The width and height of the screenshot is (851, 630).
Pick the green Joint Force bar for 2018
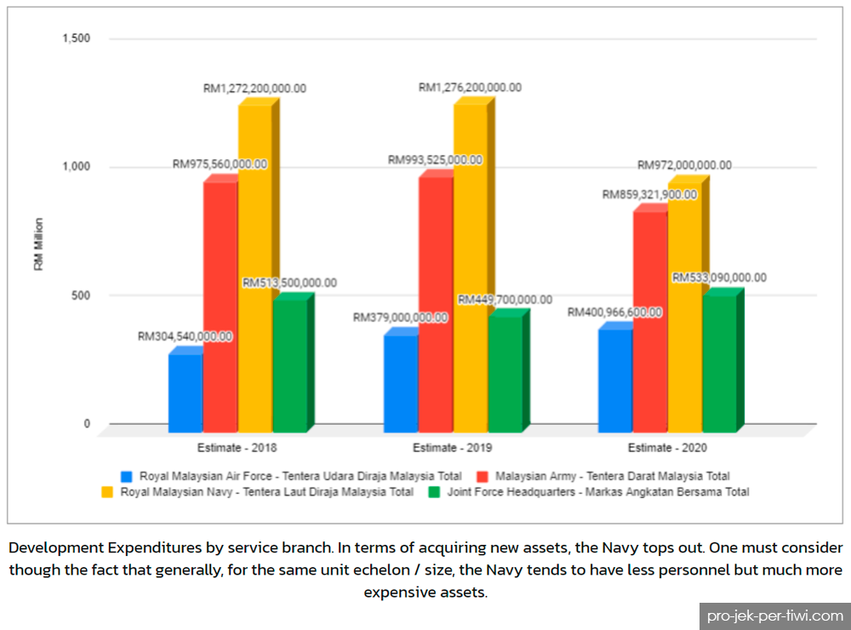290,363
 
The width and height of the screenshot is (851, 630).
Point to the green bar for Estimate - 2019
505,371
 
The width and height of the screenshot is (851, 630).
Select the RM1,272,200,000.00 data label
254,89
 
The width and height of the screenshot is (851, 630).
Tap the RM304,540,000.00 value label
185,337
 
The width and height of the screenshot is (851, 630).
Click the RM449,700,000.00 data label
505,300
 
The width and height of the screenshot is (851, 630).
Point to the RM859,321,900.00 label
649,194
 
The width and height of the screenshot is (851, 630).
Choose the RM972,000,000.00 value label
684,165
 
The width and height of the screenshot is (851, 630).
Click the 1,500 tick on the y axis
76,38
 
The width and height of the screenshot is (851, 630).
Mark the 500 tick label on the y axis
80,295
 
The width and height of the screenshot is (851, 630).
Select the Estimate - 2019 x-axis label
452,448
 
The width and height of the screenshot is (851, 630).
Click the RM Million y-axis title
38,244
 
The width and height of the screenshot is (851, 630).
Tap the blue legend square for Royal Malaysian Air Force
127,477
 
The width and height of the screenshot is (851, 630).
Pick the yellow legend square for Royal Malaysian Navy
107,493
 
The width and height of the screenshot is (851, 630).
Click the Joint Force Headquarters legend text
598,492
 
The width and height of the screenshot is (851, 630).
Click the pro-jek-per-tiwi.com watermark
775,616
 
